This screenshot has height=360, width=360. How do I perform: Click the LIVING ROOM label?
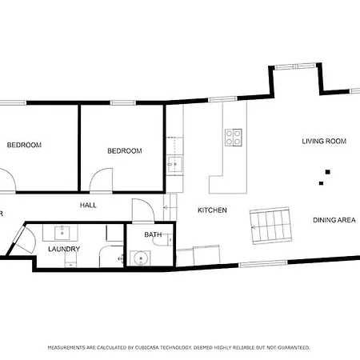[x=323, y=142]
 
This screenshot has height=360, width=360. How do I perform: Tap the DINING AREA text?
[x=334, y=220]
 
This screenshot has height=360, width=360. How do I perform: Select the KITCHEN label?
[x=213, y=210]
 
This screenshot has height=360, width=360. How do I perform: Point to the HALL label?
[x=88, y=206]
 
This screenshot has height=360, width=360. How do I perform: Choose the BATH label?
[x=153, y=235]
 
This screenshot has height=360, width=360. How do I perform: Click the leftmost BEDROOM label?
[x=24, y=145]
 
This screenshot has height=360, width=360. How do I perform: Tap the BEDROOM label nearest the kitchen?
[x=125, y=150]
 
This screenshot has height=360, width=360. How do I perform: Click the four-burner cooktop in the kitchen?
[x=234, y=138]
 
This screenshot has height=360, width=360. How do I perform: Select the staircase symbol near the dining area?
[x=270, y=226]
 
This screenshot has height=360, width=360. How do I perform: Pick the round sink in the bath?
[x=141, y=258]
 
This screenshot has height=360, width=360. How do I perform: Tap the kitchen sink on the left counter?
[x=174, y=164]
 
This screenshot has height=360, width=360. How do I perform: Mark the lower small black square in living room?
[x=321, y=183]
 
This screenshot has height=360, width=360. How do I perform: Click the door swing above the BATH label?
[x=141, y=211]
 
